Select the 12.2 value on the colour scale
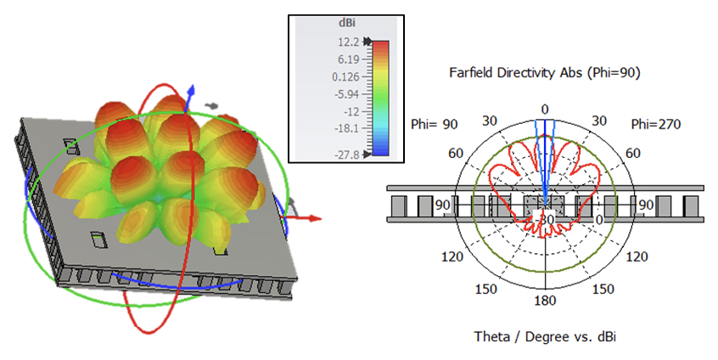click(349, 42)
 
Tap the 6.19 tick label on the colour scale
click(349, 59)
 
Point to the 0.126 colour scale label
click(345, 76)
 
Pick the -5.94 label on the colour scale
click(347, 94)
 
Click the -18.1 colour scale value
click(347, 128)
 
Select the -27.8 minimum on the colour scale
click(347, 155)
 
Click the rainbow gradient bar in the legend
click(380, 98)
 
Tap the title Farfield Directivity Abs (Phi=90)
click(545, 73)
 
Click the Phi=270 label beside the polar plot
click(656, 124)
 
